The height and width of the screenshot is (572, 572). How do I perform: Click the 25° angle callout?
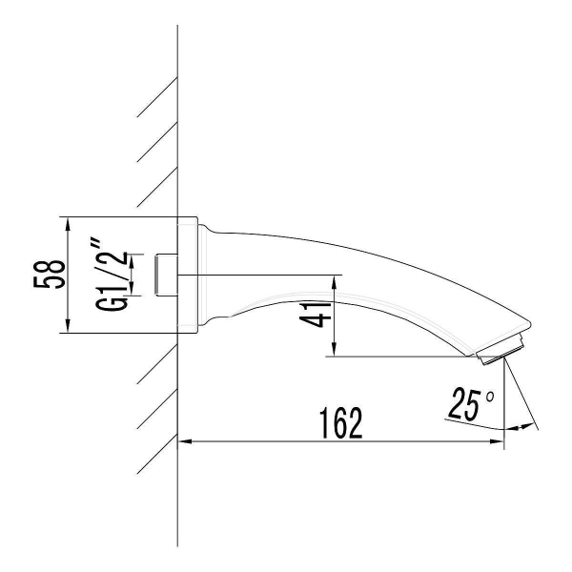click(x=468, y=403)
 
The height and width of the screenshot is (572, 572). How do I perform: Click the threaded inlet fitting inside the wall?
click(x=166, y=275)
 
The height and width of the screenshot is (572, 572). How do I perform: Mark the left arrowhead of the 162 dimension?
click(x=185, y=440)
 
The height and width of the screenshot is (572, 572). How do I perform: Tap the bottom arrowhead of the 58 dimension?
click(x=68, y=329)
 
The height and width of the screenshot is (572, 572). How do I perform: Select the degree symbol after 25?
click(x=490, y=394)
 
